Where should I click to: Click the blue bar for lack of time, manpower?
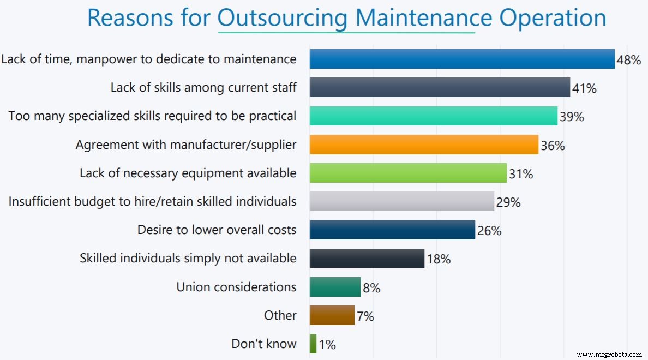[x=462, y=59]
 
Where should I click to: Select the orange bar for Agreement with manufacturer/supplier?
[x=424, y=145]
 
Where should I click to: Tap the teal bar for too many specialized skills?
[x=434, y=116]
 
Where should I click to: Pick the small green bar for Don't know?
[x=313, y=344]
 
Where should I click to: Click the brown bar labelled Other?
[x=332, y=315]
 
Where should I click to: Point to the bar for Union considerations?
[x=335, y=287]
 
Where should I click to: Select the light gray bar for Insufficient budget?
[x=402, y=201]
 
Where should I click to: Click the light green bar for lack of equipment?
[x=408, y=173]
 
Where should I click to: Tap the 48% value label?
[x=628, y=61]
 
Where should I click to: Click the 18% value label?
[x=439, y=260]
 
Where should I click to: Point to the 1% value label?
[x=327, y=345]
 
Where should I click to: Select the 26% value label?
[x=489, y=231]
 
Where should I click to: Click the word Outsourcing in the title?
[x=281, y=17]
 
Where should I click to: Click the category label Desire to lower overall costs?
[x=217, y=230]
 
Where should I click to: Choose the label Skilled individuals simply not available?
[x=188, y=258]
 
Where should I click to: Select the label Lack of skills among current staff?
[x=203, y=87]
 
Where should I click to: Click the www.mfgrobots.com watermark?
[x=609, y=355]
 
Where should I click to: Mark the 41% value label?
[x=584, y=89]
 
